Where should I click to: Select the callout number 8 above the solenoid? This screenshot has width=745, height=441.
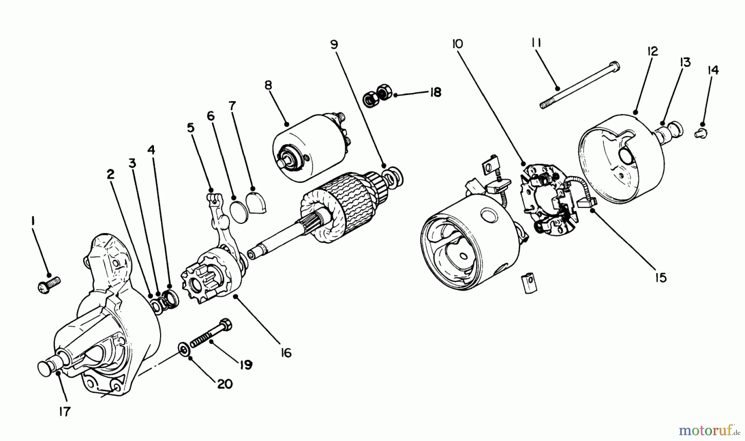coord(268,86)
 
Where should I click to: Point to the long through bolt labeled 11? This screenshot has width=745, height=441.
coord(579,85)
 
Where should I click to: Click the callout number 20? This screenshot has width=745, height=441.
coord(224,384)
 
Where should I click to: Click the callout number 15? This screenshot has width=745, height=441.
coord(661,277)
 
